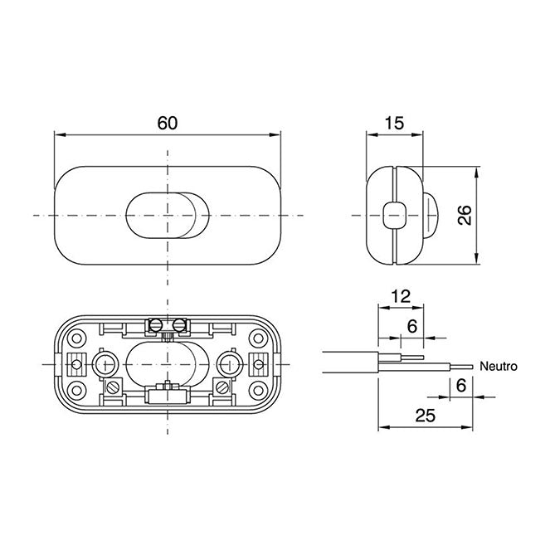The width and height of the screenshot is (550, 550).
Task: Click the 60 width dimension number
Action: tap(167, 123)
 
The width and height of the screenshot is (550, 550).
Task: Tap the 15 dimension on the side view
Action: tap(394, 123)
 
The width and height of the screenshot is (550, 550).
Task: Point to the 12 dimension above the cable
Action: tap(401, 295)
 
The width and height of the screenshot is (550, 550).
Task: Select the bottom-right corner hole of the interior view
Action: tap(256, 390)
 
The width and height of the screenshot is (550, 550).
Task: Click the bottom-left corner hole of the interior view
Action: tap(77, 390)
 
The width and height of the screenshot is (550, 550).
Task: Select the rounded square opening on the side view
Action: tap(393, 216)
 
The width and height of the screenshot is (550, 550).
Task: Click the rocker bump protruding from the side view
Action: tap(430, 216)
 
